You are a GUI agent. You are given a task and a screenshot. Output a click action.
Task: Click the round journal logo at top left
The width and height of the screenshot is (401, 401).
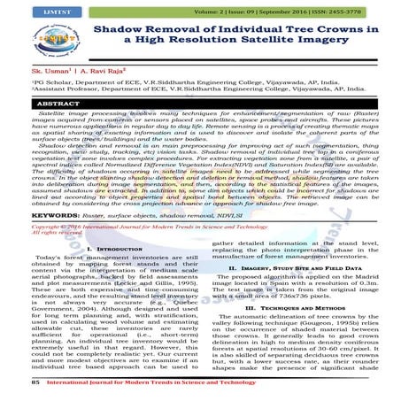(x=37, y=40)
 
